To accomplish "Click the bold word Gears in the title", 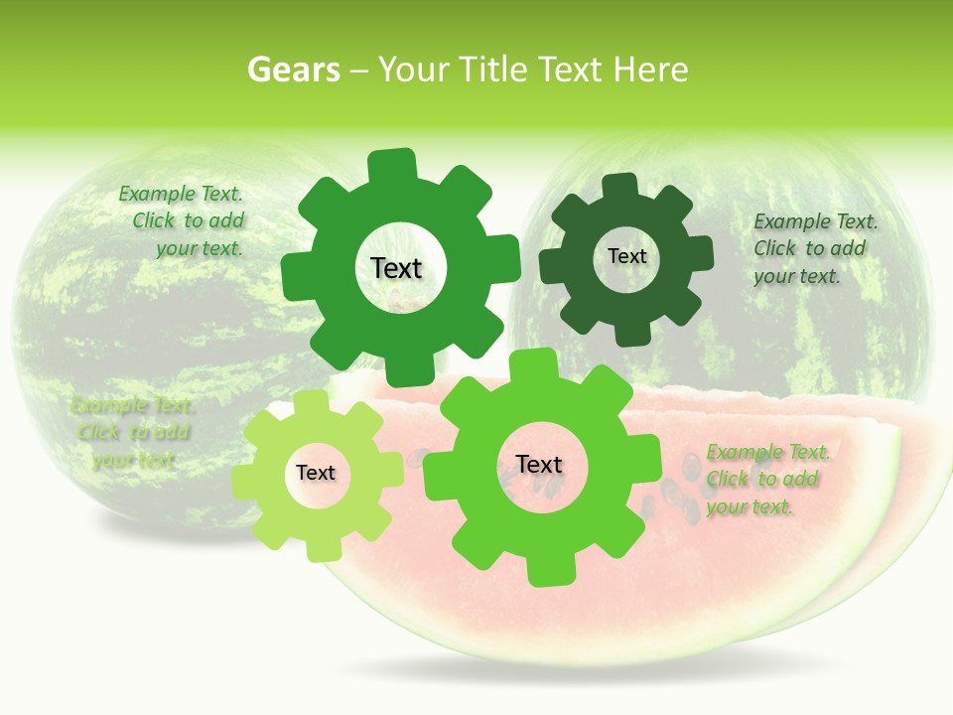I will tap(293, 70).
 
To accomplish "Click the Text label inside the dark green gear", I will tap(626, 256).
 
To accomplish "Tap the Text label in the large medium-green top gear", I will tap(396, 268).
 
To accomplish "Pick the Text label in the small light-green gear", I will tap(316, 473).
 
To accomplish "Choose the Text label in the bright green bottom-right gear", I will tap(539, 465).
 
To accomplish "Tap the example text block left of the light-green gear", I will tap(133, 433).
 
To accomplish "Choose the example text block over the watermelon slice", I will tap(765, 480).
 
